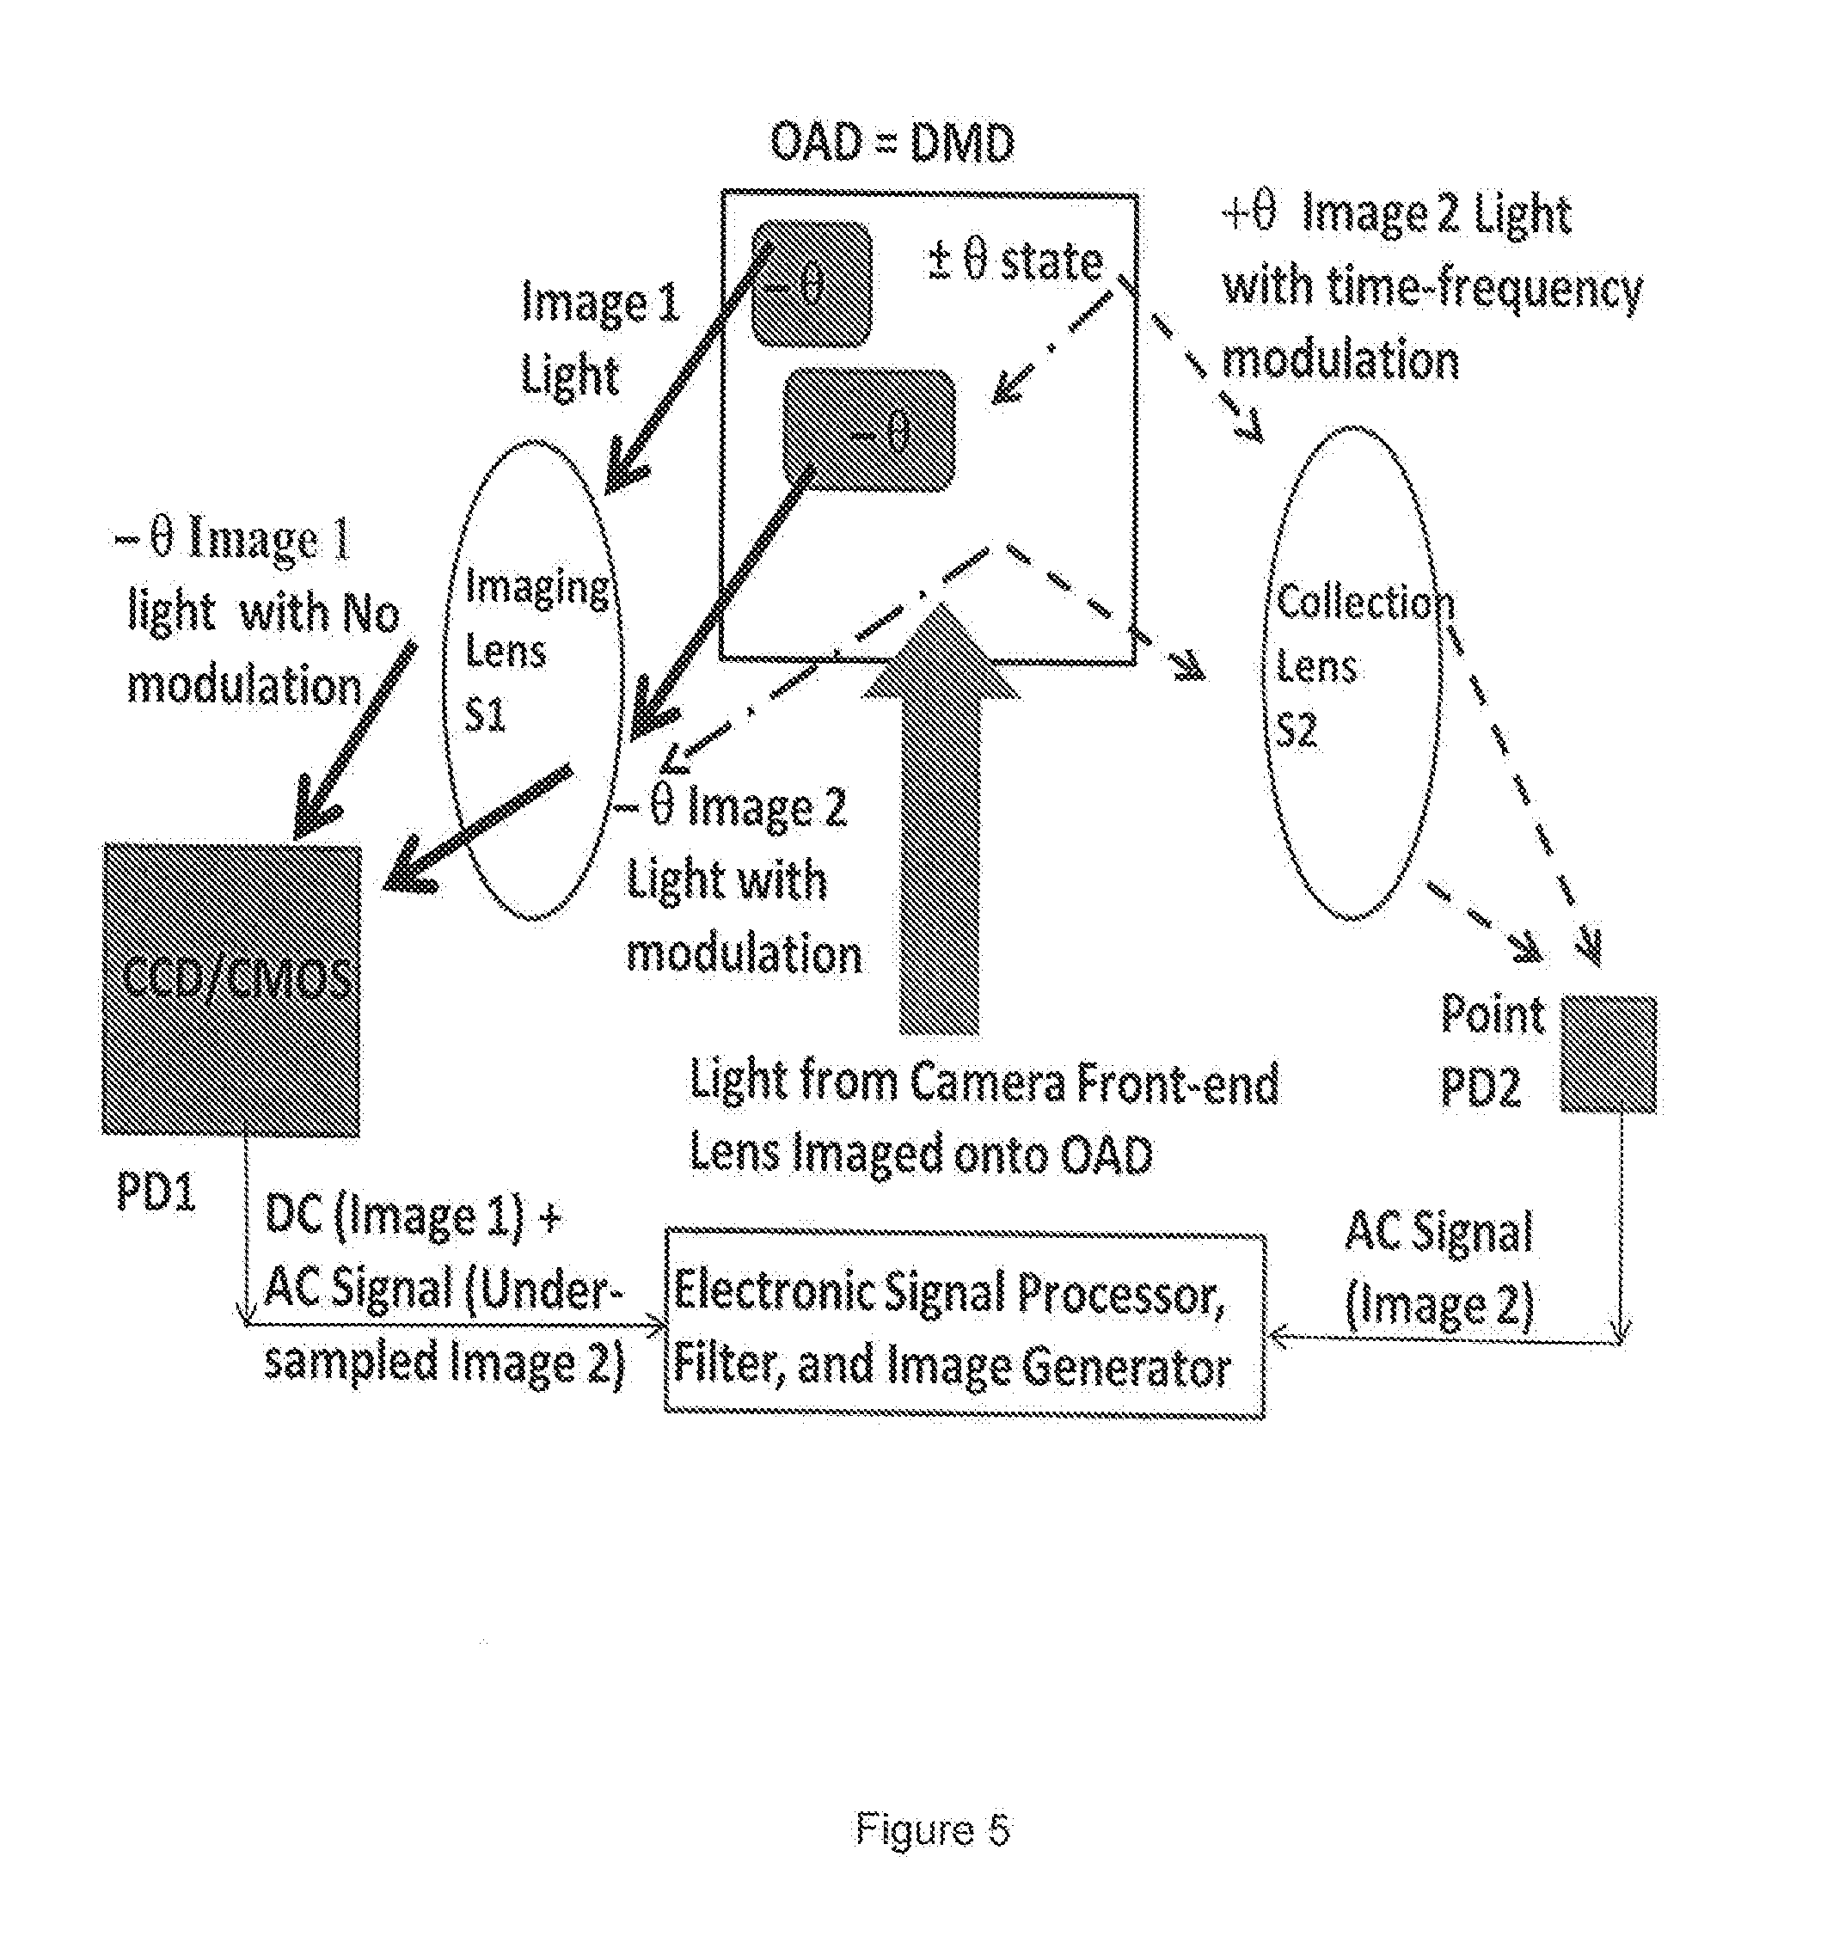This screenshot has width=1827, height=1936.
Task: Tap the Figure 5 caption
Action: [932, 1829]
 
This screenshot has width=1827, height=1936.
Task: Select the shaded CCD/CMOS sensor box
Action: [232, 989]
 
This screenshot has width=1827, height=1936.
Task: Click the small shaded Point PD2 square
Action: [1608, 1054]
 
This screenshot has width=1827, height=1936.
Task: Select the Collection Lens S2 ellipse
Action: [1353, 672]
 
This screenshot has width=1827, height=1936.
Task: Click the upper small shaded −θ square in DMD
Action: [810, 284]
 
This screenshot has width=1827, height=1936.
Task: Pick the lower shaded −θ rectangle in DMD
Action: [868, 430]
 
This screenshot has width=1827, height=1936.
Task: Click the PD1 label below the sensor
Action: [156, 1190]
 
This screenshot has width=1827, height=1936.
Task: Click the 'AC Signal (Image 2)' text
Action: [1438, 1268]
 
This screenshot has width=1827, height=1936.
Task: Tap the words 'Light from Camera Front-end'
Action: [984, 1082]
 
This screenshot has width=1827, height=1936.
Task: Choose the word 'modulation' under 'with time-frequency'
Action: [1340, 360]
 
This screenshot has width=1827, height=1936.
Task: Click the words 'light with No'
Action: [263, 613]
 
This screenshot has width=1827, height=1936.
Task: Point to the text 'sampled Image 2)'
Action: [443, 1362]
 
